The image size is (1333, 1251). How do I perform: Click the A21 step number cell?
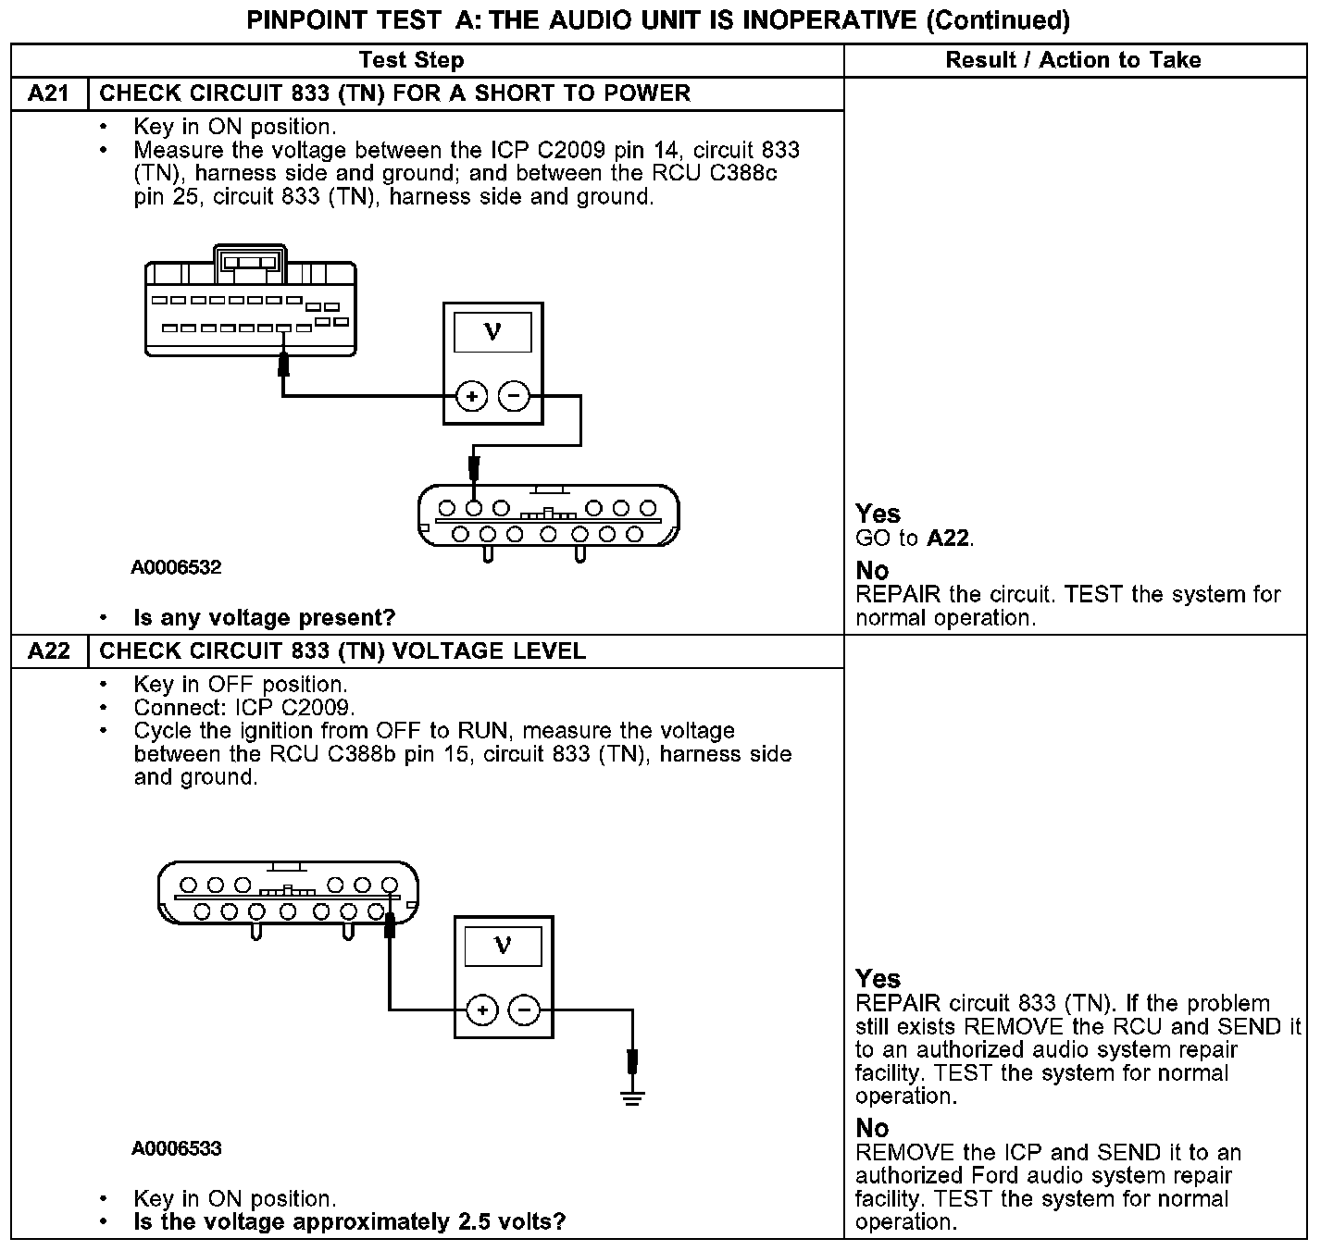click(x=49, y=93)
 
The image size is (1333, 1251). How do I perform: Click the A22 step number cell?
click(x=49, y=651)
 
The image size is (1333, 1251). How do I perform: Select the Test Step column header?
click(x=411, y=60)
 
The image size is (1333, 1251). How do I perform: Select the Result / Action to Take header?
click(x=1073, y=60)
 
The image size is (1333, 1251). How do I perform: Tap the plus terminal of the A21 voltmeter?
click(x=472, y=397)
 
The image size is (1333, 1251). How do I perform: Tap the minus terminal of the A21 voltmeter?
click(x=515, y=397)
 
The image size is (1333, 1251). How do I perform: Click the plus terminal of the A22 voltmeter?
click(x=482, y=1009)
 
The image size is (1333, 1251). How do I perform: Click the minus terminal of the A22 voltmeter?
click(x=525, y=1009)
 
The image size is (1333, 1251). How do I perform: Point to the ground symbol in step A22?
click(x=633, y=1098)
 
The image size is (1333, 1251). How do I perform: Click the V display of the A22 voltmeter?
click(x=503, y=946)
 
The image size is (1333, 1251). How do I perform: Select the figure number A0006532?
click(x=176, y=567)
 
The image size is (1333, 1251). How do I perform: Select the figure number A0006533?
click(x=176, y=1148)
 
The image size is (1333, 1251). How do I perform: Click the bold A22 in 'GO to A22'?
click(x=948, y=539)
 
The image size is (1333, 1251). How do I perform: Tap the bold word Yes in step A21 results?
click(x=878, y=514)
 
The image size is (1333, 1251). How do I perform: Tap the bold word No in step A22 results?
click(x=872, y=1128)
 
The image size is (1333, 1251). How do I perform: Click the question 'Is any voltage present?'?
click(x=264, y=617)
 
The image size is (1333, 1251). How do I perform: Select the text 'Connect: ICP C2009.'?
click(x=244, y=708)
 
